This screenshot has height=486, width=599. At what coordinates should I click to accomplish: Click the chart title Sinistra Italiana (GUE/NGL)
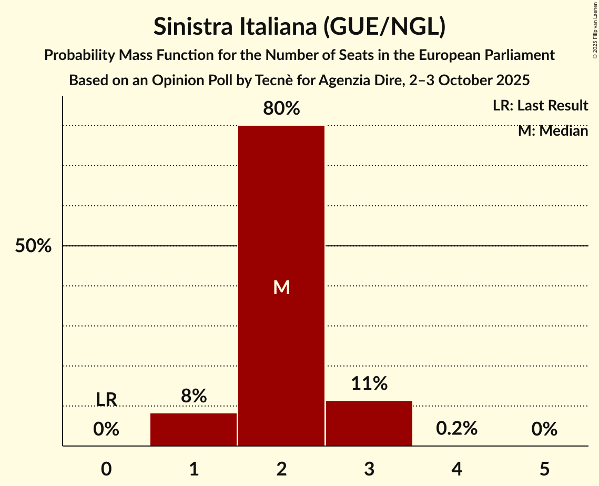(x=299, y=27)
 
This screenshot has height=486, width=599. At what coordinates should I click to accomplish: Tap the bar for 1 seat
(x=194, y=430)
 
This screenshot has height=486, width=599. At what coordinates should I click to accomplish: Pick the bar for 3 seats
(x=369, y=423)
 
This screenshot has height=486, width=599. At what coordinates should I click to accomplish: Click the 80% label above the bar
(x=281, y=108)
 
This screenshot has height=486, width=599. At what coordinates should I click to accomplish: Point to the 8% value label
(x=194, y=396)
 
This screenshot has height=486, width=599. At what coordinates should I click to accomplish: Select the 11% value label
(x=369, y=383)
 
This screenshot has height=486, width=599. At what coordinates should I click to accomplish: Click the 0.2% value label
(x=456, y=429)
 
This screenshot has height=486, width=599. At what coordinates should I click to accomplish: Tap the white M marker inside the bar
(x=281, y=287)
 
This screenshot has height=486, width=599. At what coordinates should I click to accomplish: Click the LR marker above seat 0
(x=106, y=399)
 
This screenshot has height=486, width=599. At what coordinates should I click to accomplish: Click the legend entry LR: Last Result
(x=540, y=106)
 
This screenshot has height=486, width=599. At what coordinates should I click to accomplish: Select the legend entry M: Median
(x=553, y=130)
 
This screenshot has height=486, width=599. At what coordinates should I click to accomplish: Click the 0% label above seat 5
(x=544, y=429)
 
